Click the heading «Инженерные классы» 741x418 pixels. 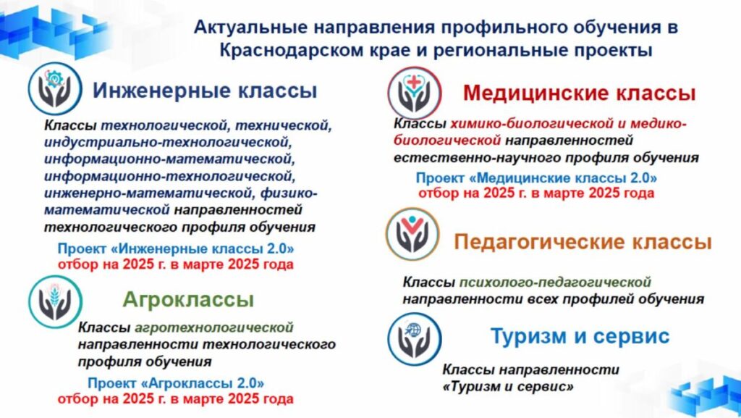205,91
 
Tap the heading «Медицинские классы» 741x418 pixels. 580,93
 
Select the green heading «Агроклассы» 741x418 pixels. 189,299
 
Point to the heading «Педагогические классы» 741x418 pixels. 583,242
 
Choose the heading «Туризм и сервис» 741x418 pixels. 580,335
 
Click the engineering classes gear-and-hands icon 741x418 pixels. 55,89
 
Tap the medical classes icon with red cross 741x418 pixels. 415,93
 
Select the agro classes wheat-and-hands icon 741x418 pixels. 55,301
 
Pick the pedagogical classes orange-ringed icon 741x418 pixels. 412,234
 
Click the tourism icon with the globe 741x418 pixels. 415,339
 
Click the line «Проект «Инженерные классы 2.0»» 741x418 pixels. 176,248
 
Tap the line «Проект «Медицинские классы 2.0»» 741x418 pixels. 536,178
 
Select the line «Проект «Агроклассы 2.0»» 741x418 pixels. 176,383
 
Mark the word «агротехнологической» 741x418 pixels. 214,327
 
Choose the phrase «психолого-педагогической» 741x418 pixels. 555,282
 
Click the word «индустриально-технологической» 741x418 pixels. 166,142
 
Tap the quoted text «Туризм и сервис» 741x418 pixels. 508,386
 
